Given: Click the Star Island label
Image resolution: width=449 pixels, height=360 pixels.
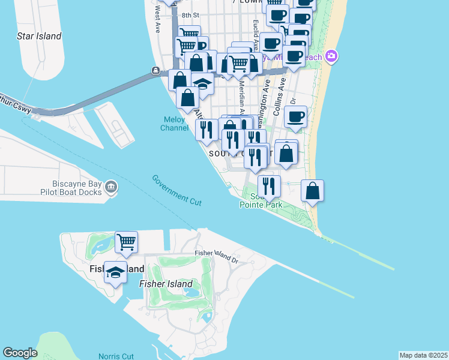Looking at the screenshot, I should coord(39,36).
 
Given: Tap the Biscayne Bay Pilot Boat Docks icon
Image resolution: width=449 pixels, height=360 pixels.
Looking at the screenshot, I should coord(110,188).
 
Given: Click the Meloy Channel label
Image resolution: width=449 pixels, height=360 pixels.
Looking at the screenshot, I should coord(173,124).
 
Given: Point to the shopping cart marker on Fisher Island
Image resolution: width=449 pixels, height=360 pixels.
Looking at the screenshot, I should coord(127,242).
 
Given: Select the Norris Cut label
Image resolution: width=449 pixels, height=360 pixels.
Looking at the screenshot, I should coord(115,356).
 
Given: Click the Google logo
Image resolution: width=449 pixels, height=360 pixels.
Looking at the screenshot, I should coord(20,353).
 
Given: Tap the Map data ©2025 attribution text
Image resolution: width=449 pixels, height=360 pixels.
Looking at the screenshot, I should coord(423,355).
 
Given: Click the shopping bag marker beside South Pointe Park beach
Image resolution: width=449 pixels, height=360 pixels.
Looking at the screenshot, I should coord(312,191).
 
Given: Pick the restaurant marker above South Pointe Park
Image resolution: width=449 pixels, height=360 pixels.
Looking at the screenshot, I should coord(269,186).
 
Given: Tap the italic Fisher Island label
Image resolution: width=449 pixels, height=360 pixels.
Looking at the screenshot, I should coord(166,284).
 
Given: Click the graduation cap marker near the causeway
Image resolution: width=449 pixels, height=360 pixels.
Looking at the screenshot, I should coord(203,84).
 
